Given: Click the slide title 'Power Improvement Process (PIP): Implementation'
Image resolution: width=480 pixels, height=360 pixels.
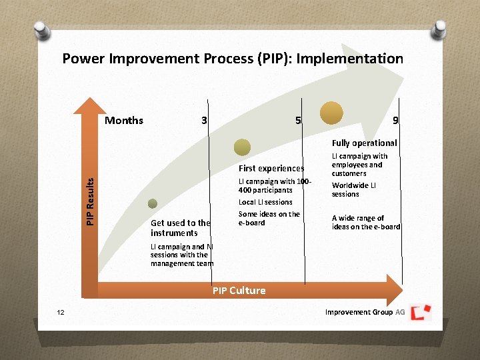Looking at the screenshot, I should tap(233, 59).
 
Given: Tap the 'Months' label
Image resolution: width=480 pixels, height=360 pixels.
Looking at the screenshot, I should tap(124, 121).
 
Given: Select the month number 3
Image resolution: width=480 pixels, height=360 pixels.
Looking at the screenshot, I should tap(204, 121).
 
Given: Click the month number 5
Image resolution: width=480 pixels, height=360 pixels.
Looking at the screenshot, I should tap(298, 121).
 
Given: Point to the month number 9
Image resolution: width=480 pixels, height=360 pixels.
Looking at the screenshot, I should tap(395, 121).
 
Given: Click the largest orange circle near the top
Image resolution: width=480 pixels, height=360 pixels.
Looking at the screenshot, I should tap(331, 113).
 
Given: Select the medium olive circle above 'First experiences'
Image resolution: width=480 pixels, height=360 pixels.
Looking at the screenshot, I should tap(243, 147).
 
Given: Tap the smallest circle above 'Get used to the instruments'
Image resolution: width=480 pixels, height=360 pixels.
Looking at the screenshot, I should tap(153, 204).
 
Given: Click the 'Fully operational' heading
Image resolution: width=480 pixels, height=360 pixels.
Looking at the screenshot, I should tap(364, 143).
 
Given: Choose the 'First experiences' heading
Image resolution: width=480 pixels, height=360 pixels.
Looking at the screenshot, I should tap(271, 169).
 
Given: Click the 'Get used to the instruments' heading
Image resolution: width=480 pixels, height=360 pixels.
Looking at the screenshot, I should tap(180, 228).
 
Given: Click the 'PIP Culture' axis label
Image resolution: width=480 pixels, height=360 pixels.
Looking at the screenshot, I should tap(239, 291).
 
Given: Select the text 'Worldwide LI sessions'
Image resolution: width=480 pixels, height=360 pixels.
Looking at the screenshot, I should tap(354, 189).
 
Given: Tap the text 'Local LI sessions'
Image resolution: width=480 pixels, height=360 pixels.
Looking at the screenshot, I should tap(265, 202).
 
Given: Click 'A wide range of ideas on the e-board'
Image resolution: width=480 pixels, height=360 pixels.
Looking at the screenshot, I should tap(365, 223).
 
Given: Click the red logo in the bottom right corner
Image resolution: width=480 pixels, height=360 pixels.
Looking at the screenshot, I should tap(421, 312).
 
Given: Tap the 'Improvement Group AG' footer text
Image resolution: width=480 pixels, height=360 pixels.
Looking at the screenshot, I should tap(365, 312).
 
